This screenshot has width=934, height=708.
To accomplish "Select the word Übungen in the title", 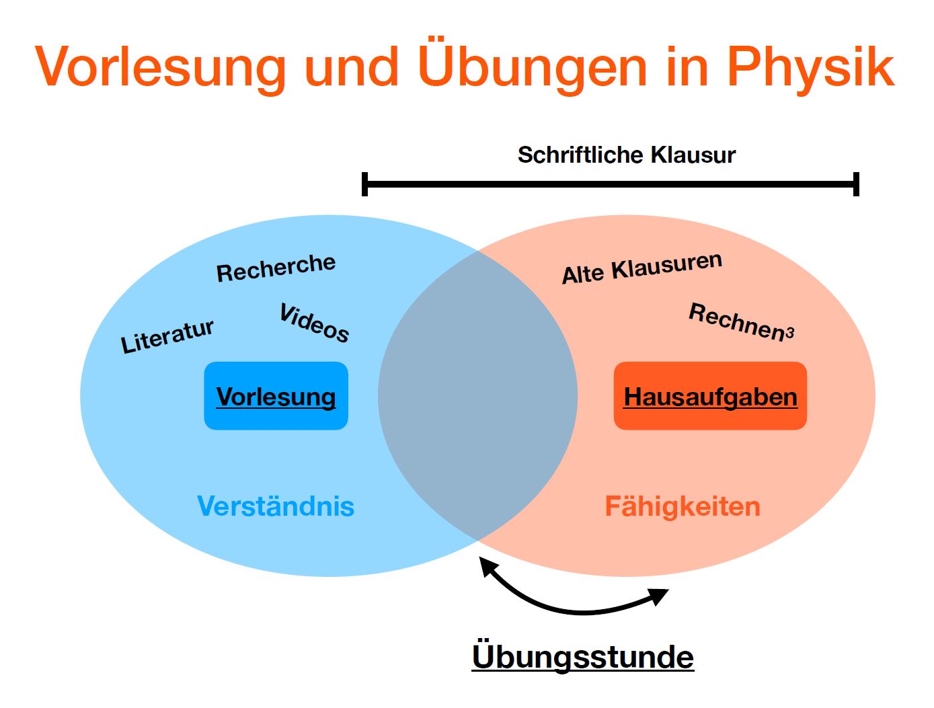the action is click(532, 66).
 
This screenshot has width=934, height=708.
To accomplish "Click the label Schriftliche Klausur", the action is click(626, 155).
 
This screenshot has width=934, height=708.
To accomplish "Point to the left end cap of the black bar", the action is click(364, 184).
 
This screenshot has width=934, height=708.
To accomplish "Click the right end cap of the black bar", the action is click(856, 184).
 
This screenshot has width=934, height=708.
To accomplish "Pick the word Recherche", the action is click(276, 268).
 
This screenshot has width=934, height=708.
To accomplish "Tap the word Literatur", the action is click(167, 336).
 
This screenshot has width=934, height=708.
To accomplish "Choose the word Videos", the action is click(314, 323).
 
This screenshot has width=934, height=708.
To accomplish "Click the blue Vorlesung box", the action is click(276, 396).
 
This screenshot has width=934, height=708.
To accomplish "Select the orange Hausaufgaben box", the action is click(710, 396).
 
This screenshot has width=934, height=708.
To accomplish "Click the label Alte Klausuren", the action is click(642, 268).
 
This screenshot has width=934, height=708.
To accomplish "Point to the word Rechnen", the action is click(737, 321).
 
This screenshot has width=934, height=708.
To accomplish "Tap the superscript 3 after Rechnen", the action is click(789, 332).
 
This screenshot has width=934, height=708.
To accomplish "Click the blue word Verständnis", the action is click(276, 506).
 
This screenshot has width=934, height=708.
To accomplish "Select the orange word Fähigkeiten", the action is click(683, 507).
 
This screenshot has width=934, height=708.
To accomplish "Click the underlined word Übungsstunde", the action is click(583, 656).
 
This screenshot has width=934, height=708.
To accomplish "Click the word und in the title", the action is click(352, 68).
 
